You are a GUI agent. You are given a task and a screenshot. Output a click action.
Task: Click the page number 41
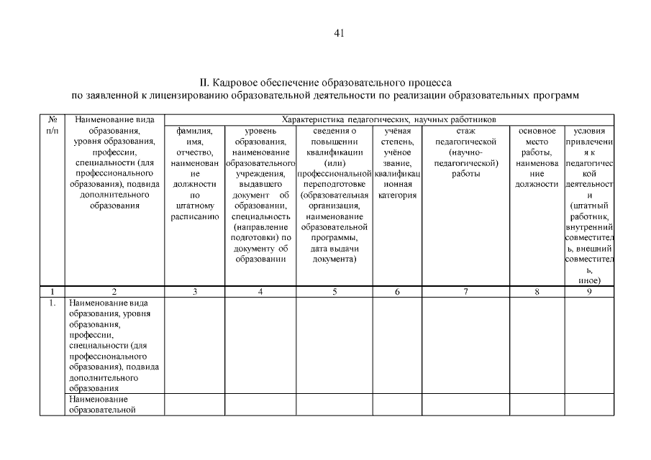(340, 33)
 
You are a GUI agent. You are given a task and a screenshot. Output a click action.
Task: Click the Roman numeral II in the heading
(203, 83)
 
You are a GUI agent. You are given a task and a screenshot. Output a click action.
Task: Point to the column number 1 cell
(52, 292)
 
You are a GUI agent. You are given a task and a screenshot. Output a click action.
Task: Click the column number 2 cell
(114, 292)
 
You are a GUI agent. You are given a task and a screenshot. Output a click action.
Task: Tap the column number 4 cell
(260, 292)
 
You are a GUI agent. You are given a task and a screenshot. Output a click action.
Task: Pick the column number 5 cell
(334, 292)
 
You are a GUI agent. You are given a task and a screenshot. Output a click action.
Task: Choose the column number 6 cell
(397, 292)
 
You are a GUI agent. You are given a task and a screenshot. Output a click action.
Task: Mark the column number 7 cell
(465, 292)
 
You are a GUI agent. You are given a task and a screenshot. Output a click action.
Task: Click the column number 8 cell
(536, 292)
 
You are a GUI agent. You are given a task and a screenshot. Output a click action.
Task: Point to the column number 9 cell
(588, 292)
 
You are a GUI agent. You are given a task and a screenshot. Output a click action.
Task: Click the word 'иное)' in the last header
(588, 280)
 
